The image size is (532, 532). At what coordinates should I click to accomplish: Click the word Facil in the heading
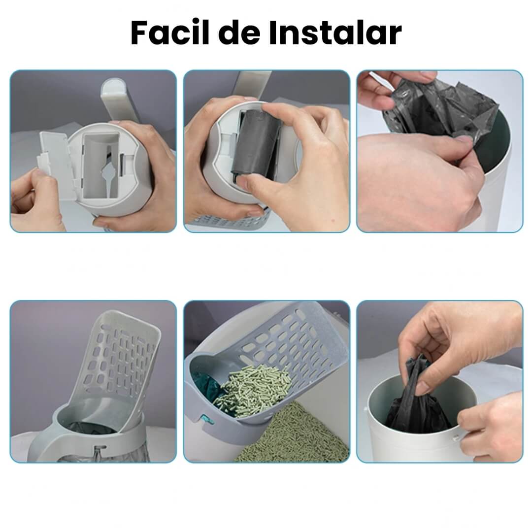(170, 33)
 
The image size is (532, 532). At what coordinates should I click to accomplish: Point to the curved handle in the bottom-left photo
(39, 444)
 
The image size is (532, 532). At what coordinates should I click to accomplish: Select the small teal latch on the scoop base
(206, 420)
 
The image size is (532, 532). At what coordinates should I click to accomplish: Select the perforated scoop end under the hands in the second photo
(231, 221)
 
